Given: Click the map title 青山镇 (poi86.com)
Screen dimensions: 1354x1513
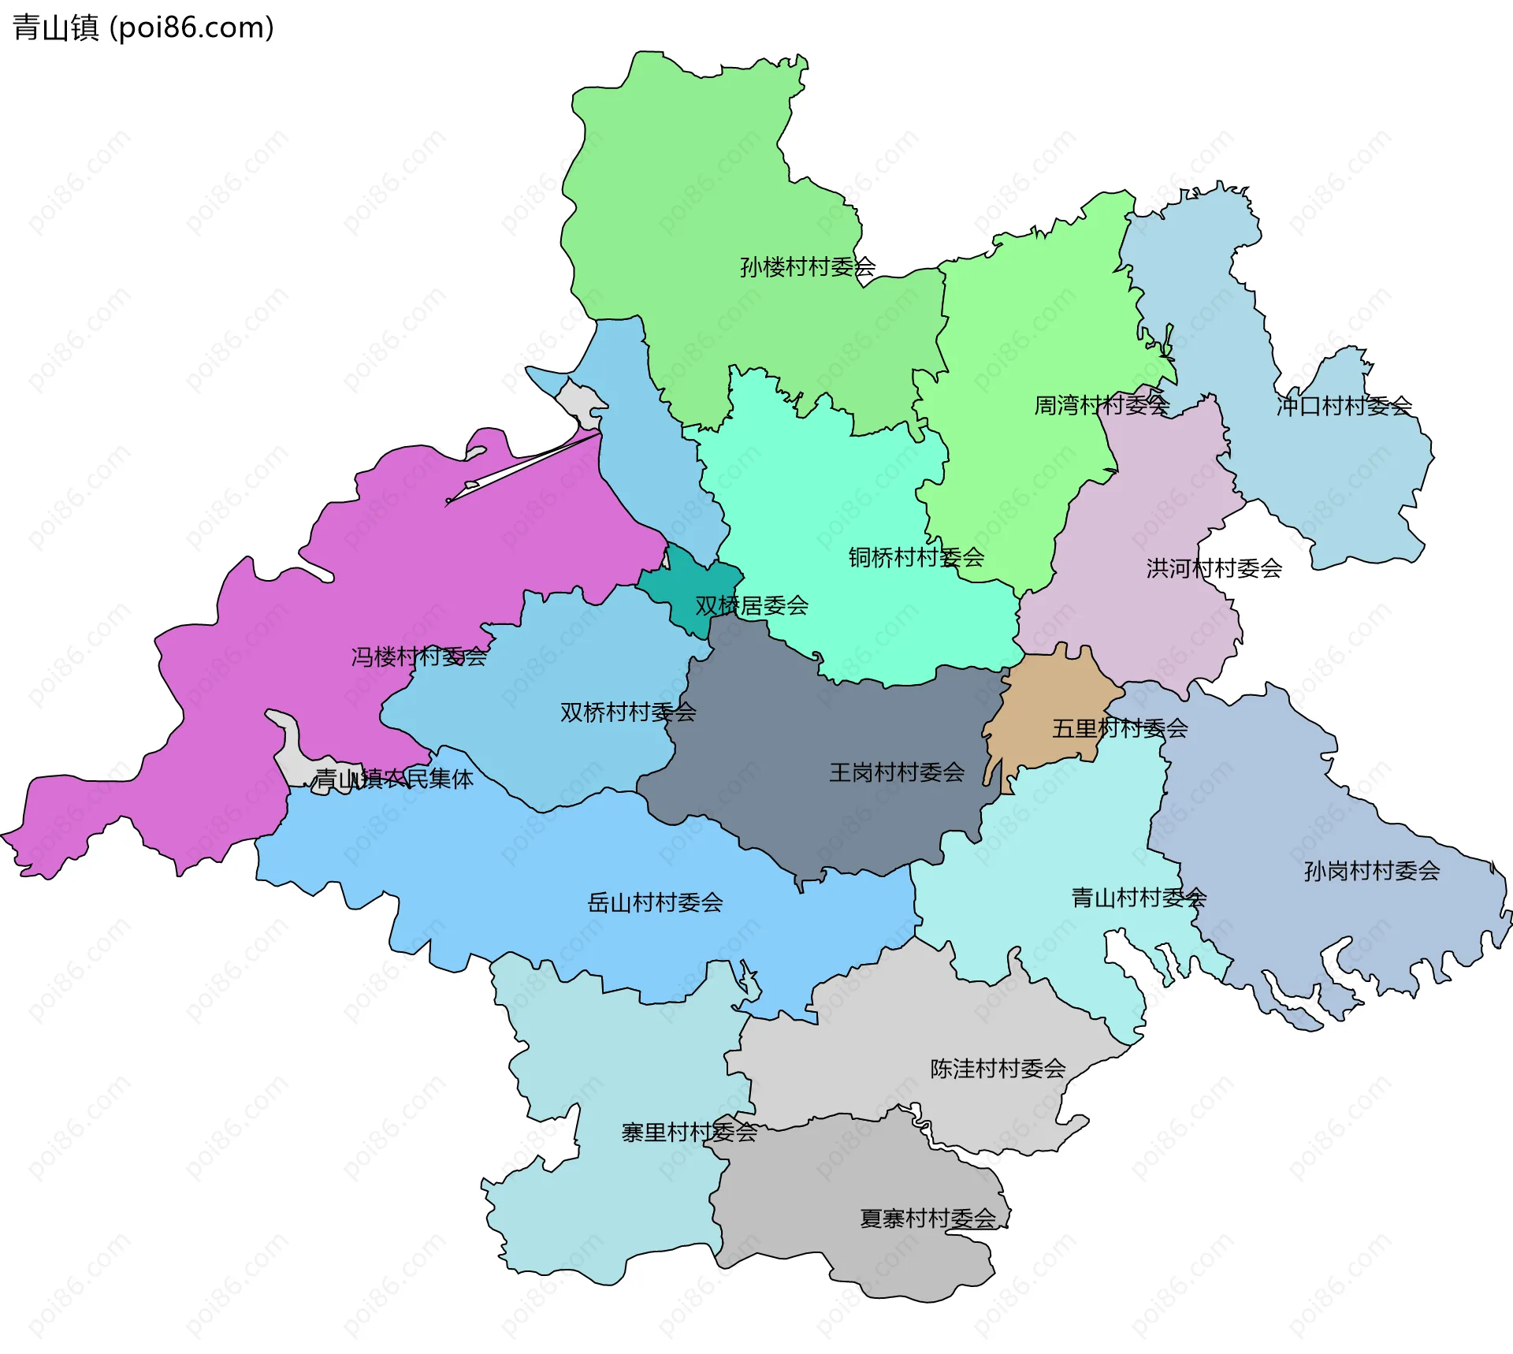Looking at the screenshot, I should pos(143,28).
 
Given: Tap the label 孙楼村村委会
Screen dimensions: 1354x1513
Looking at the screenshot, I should pos(807,267).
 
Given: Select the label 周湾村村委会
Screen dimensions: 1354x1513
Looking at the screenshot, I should pos(1101,406).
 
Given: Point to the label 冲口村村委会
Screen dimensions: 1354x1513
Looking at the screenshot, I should pos(1344,406).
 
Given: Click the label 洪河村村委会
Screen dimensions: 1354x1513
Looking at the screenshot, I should pos(1214,568).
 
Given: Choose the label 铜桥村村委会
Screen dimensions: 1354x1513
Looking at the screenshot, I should pos(916,558).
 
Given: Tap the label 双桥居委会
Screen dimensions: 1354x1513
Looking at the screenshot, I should pos(752,606).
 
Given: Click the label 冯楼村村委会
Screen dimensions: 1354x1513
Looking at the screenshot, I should pos(418,657).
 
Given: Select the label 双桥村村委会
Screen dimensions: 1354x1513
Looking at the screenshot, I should pos(627,712).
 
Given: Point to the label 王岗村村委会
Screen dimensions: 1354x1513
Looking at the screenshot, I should pos(897,772).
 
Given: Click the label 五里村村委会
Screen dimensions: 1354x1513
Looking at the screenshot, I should pos(1119,728).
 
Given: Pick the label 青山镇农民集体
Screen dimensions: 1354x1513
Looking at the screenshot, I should pos(394,779).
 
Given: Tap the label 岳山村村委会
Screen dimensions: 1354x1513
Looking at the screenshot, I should pos(655,902).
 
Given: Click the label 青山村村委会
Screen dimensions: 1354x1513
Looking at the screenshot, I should pos(1139,898).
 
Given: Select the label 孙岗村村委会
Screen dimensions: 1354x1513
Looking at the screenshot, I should pos(1371,871).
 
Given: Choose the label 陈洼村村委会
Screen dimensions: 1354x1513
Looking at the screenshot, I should pos(998,1069).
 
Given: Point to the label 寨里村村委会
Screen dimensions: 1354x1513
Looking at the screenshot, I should pos(689,1133).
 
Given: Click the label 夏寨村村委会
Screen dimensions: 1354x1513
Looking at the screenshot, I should pos(928,1218).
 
